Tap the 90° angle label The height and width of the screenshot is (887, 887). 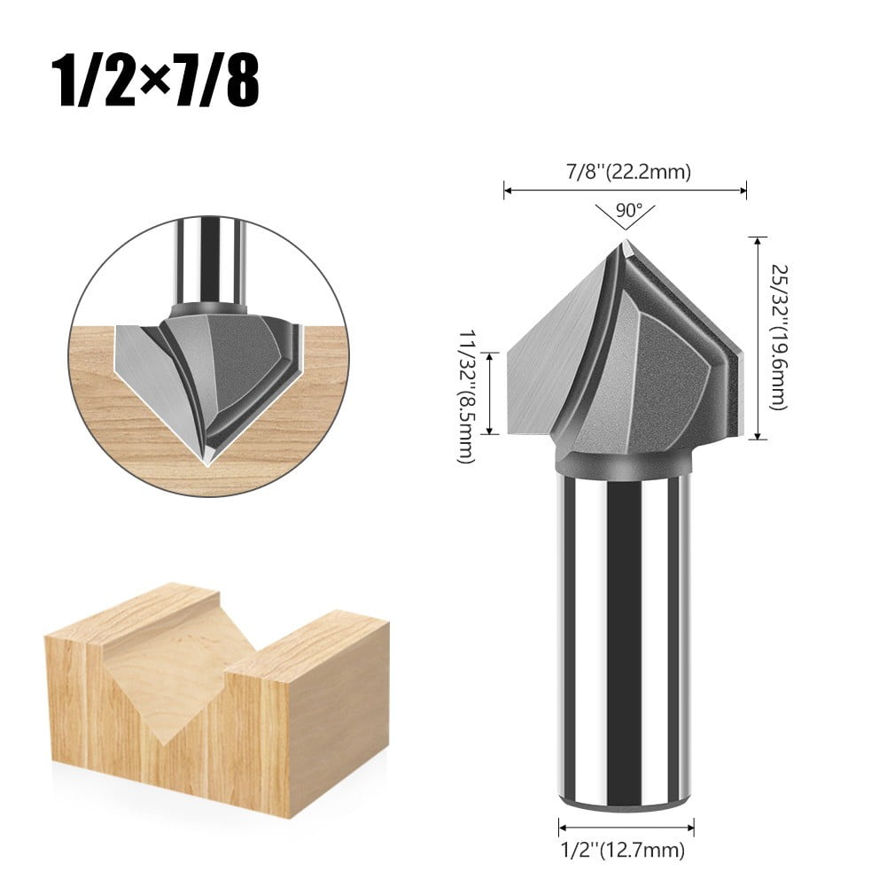(626, 211)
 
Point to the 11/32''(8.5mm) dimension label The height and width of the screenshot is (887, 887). (465, 393)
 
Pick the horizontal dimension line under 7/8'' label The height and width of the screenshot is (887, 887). (626, 189)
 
